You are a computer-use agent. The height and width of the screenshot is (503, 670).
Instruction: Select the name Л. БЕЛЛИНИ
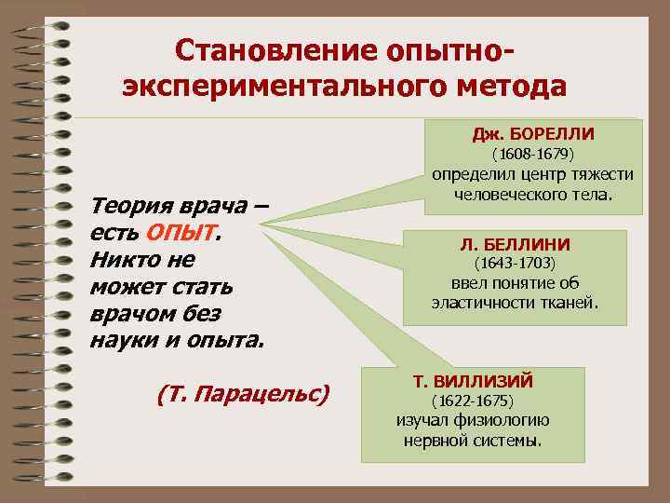pyautogui.click(x=515, y=244)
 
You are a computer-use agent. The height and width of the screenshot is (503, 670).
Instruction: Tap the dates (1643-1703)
pyautogui.click(x=515, y=264)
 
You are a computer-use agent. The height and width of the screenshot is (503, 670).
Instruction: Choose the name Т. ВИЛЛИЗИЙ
pyautogui.click(x=473, y=382)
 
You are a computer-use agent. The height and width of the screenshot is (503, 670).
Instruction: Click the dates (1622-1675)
pyautogui.click(x=473, y=401)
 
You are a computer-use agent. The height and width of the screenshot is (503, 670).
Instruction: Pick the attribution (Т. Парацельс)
pyautogui.click(x=244, y=394)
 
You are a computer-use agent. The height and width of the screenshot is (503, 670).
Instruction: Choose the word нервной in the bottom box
pyautogui.click(x=433, y=440)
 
